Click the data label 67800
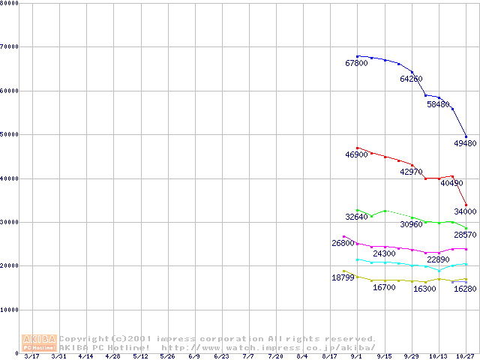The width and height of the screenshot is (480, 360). pyautogui.click(x=356, y=64)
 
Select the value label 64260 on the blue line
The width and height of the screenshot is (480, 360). pyautogui.click(x=411, y=79)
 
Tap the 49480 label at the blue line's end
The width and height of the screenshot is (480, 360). pyautogui.click(x=465, y=143)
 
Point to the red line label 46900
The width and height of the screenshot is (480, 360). pyautogui.click(x=356, y=154)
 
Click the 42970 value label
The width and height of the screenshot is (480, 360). pyautogui.click(x=411, y=172)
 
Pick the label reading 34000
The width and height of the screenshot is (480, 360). pyautogui.click(x=465, y=211)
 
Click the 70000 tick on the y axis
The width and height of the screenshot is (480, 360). pyautogui.click(x=10, y=46)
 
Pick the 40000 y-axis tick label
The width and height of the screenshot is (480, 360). pyautogui.click(x=10, y=178)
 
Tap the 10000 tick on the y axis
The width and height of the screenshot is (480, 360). pyautogui.click(x=10, y=309)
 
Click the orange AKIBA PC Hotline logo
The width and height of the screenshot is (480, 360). pyautogui.click(x=40, y=343)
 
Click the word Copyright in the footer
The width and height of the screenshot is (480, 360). pyautogui.click(x=84, y=339)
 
